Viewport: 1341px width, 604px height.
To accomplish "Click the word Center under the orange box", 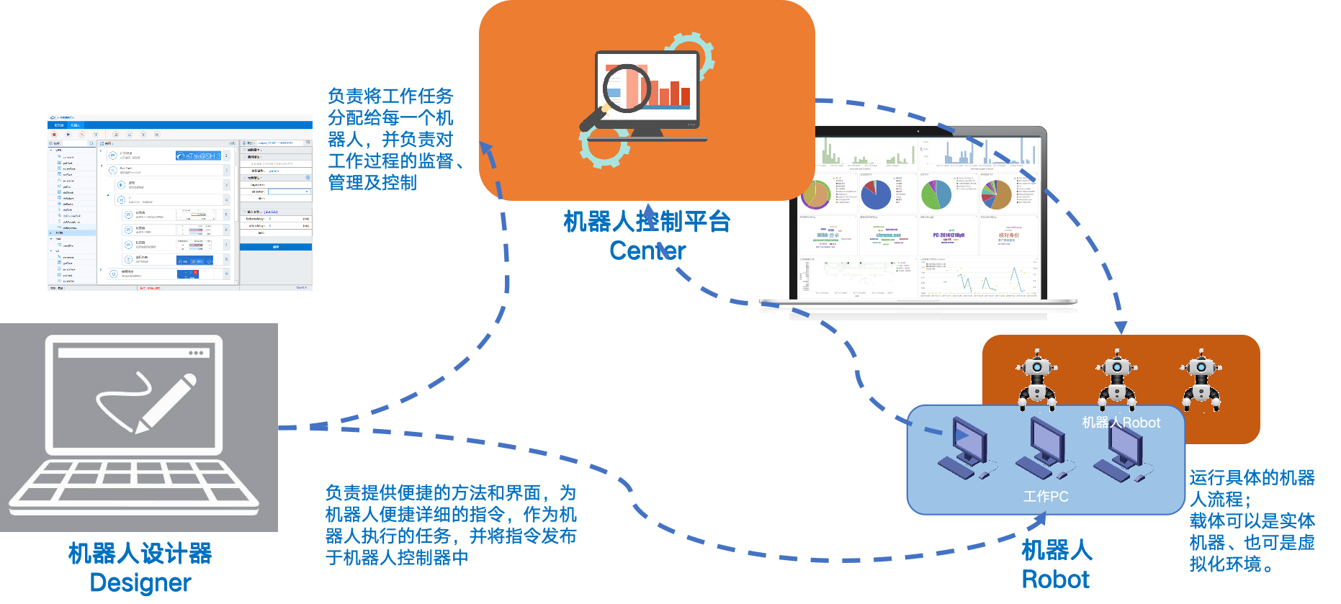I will point(647,251).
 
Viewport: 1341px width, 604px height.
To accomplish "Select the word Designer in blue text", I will point(140,582).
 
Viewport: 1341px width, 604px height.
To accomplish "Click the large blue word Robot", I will point(1056,580).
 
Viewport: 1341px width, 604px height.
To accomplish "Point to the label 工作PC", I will point(1046,497).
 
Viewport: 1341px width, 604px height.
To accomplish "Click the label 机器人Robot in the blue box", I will point(1121,423).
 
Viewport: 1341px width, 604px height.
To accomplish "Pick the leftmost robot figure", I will point(1037,379).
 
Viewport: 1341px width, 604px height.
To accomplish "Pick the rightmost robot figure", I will point(1201,379).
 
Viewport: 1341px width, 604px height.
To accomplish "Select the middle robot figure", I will point(1117,379).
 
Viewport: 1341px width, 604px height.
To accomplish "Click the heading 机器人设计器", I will point(140,554).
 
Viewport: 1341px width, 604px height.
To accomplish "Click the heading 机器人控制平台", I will point(647,221).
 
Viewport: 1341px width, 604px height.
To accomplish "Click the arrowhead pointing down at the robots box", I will point(1121,328).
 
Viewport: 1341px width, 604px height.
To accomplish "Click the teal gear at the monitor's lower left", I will point(604,148).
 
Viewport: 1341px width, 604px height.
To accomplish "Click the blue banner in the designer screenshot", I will point(199,155).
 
